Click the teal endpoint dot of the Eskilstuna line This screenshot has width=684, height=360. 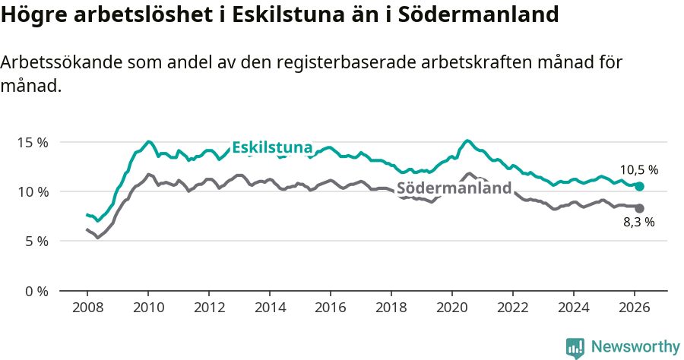(639, 187)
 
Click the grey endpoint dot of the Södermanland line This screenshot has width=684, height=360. (639, 208)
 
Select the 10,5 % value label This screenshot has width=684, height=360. (638, 170)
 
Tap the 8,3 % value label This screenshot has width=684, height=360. (638, 223)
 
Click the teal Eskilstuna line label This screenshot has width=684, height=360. (272, 147)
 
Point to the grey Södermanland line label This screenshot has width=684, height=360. (454, 188)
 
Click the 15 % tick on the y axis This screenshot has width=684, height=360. (33, 142)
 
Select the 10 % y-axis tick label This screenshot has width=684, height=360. (33, 191)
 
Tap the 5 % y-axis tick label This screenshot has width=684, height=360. (36, 241)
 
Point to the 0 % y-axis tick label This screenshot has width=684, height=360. (36, 291)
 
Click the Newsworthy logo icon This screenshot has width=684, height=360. (575, 348)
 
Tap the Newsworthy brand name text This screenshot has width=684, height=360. (635, 347)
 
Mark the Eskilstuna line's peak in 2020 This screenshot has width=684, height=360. (467, 141)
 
